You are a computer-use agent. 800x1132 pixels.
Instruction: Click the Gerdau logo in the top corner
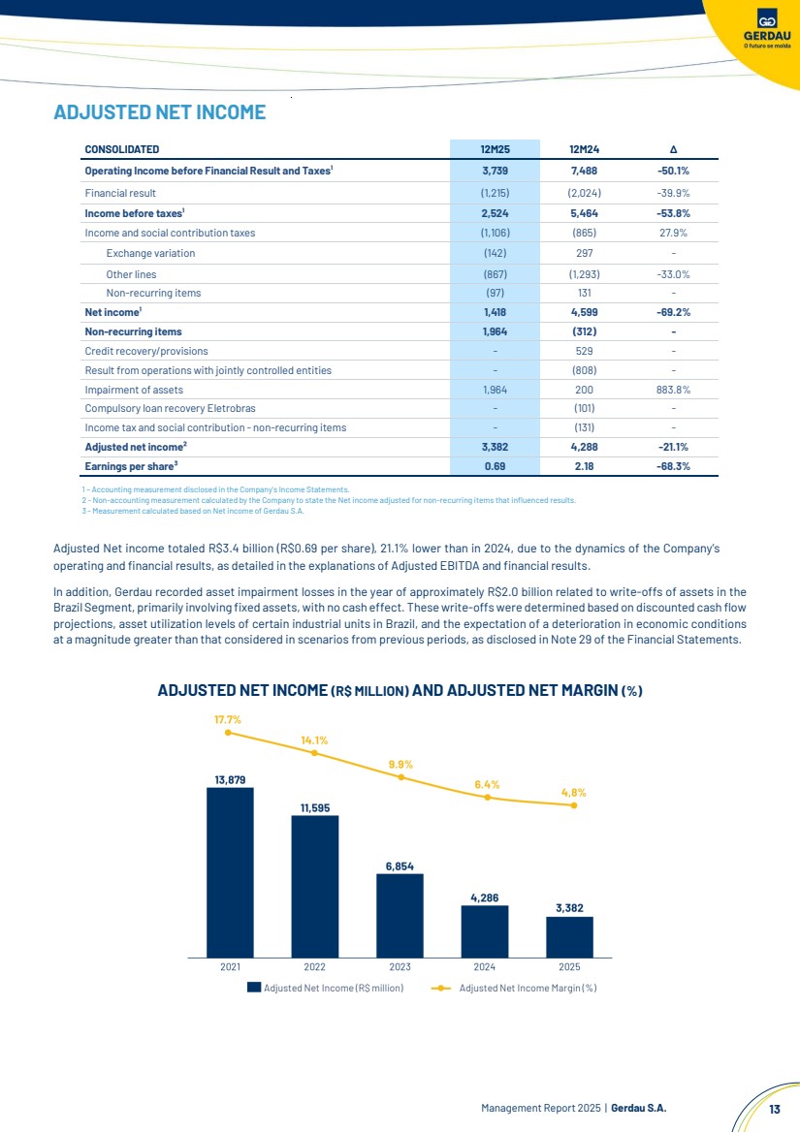coord(767,27)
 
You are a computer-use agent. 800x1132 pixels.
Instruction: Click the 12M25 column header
coord(495,149)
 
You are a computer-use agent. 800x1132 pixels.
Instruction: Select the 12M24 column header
coord(584,149)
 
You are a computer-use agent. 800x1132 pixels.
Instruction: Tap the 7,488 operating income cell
coord(584,172)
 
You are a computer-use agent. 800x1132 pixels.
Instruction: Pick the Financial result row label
coord(120,193)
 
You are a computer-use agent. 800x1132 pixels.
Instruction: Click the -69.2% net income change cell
coord(673,313)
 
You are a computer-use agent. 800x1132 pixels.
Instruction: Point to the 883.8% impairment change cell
coord(673,390)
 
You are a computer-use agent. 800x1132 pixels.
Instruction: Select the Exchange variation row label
coord(150,253)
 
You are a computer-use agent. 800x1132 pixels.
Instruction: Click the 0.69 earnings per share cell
coord(495,466)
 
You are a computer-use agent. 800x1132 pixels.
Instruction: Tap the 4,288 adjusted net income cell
coord(584,447)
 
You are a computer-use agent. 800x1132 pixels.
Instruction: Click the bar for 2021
coord(231,872)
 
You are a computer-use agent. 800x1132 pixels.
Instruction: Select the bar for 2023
coord(400,916)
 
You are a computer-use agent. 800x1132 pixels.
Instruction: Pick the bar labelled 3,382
coord(569,937)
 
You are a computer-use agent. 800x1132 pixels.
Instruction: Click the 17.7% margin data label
coord(228,720)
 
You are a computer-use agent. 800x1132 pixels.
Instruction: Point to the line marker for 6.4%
coord(488,798)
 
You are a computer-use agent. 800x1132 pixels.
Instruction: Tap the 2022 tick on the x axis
coord(315,966)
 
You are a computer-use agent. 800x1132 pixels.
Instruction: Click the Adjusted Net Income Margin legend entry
coord(514,988)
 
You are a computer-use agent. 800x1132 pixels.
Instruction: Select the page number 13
coord(775,1109)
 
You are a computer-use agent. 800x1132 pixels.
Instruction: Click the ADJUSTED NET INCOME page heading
coord(160,111)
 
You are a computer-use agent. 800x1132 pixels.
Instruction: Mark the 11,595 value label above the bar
coord(315,808)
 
